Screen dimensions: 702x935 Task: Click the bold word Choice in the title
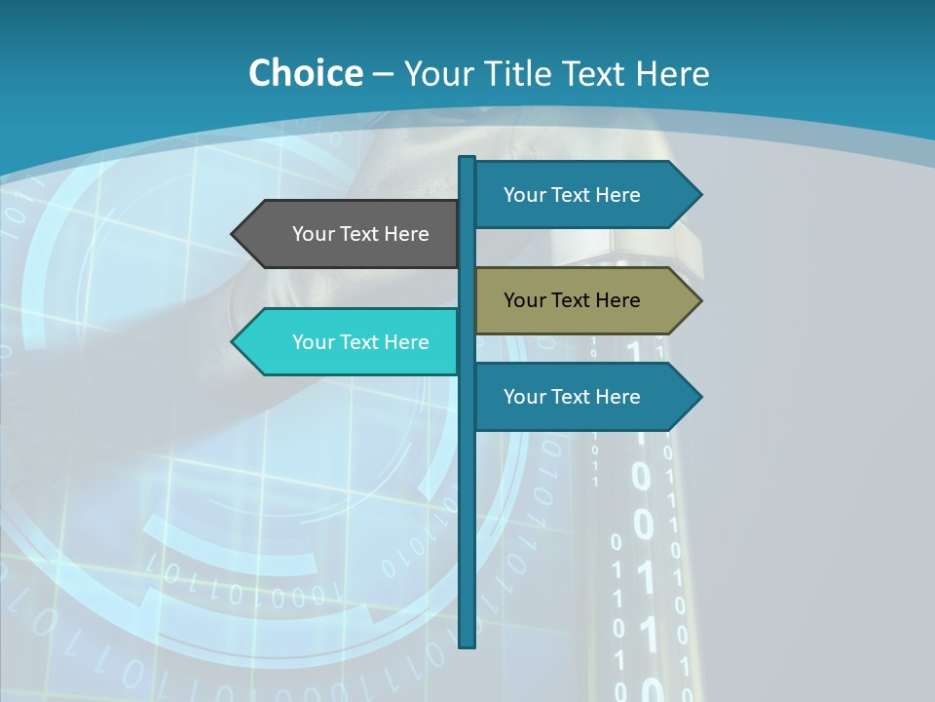click(x=305, y=73)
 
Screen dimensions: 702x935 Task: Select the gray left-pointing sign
click(x=351, y=234)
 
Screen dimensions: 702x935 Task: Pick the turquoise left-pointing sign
click(x=351, y=341)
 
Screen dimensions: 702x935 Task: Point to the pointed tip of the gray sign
click(x=234, y=234)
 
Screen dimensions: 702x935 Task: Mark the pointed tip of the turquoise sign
click(x=234, y=341)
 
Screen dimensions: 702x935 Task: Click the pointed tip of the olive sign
click(x=699, y=300)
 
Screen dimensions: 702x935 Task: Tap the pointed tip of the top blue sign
click(x=699, y=195)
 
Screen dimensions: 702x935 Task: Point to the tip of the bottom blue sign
click(x=699, y=397)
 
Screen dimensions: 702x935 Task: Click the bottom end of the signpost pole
click(x=467, y=643)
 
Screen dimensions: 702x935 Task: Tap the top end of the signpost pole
click(x=467, y=159)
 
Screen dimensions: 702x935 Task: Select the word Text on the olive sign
click(x=572, y=300)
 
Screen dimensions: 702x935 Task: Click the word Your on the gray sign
click(x=314, y=234)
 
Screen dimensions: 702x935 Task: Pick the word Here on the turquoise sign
click(x=406, y=342)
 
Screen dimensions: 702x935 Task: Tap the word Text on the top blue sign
click(x=572, y=195)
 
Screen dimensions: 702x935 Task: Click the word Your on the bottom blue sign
click(x=525, y=397)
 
